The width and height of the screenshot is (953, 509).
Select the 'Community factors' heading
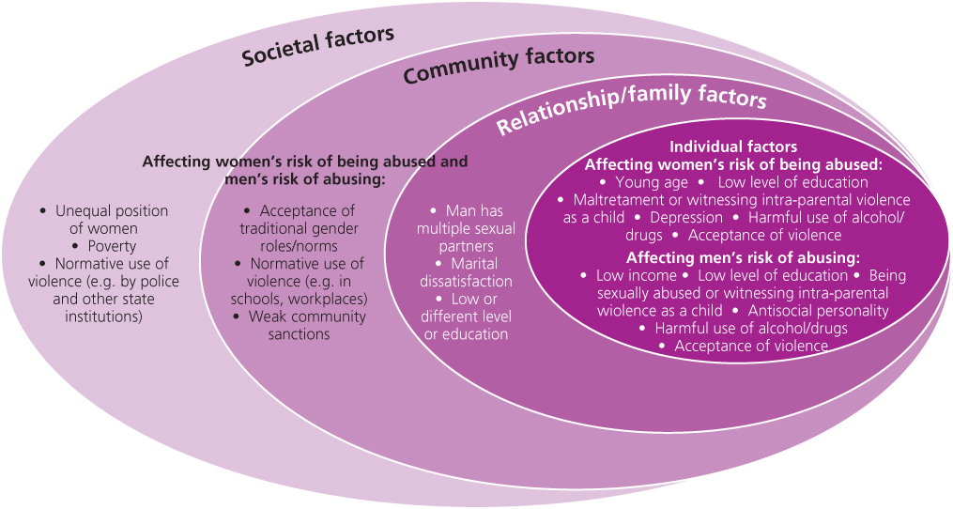click(499, 65)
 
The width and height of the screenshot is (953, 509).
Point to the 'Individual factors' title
click(733, 147)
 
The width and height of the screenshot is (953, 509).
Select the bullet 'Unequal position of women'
click(104, 220)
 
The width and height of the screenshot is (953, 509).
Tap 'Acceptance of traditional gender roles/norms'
click(299, 228)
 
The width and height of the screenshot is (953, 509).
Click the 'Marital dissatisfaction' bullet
click(467, 272)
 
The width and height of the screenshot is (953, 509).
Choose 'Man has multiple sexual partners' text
click(467, 229)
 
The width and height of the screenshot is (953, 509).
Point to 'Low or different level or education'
click(467, 316)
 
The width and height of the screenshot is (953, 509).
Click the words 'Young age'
click(652, 182)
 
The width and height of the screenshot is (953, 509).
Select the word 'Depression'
click(686, 217)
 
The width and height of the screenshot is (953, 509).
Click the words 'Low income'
click(636, 275)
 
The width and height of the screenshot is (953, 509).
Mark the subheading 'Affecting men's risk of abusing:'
click(744, 257)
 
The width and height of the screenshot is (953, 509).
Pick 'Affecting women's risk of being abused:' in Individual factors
click(733, 164)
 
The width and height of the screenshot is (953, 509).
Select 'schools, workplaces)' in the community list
click(301, 299)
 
